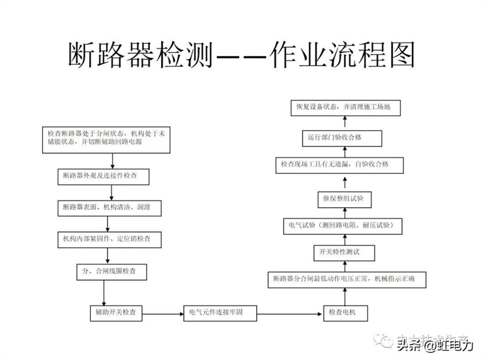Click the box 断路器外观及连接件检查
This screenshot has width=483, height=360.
coord(104,177)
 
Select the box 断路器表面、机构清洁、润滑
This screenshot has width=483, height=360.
coord(109,208)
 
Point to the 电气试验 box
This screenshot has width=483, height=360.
coord(345,225)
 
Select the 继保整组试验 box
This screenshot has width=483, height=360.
coord(344,198)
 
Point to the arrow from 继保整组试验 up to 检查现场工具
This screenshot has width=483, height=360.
coord(344,182)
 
